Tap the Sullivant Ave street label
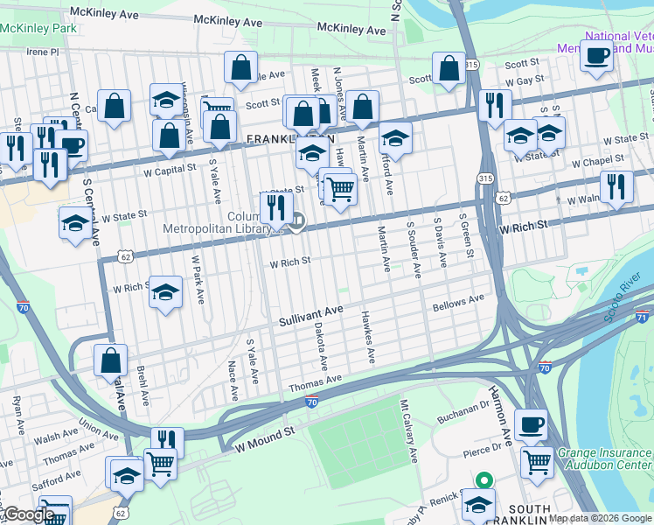tap(310, 317)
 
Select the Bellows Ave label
tap(457, 303)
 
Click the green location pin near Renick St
tap(483, 480)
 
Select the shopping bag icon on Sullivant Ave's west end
tap(111, 360)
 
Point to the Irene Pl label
tap(41, 52)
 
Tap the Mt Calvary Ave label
tap(410, 431)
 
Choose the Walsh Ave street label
tap(58, 435)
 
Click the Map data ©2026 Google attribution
tap(600, 518)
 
